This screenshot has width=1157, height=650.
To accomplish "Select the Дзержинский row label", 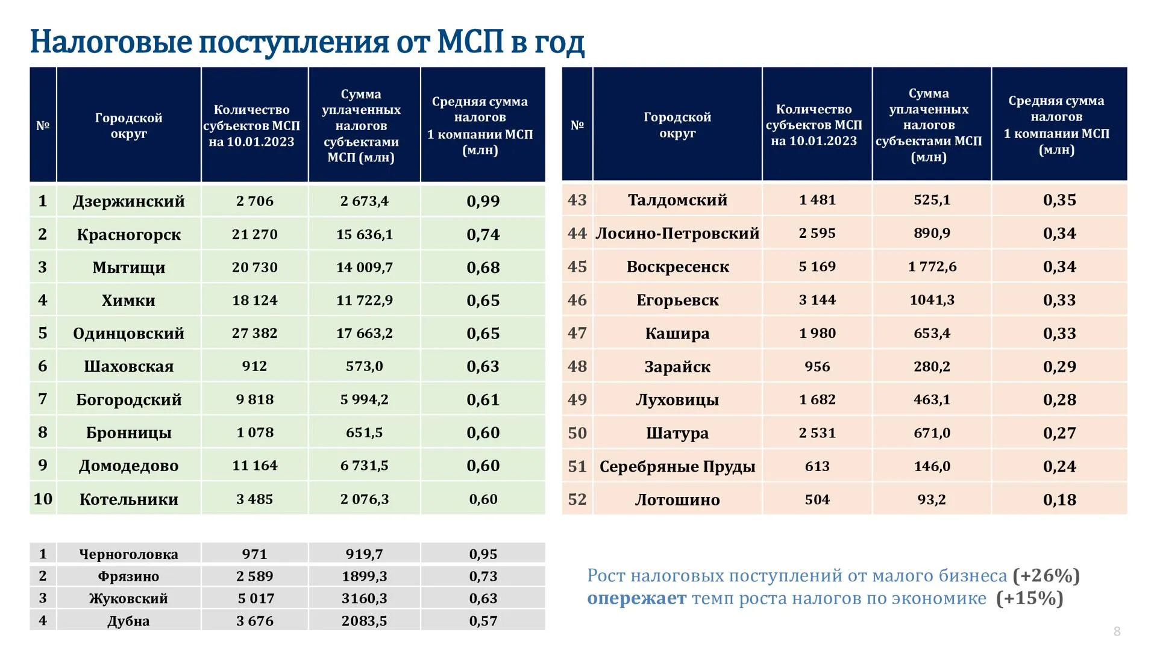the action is (x=128, y=201).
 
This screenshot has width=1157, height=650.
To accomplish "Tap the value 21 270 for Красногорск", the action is (x=254, y=234).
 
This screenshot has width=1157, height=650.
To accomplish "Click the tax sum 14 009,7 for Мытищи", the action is (x=364, y=267).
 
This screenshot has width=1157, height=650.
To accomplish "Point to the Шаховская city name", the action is (x=128, y=366).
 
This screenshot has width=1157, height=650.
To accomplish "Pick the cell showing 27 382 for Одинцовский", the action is (x=254, y=333).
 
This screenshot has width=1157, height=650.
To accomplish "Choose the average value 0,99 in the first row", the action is (x=483, y=201).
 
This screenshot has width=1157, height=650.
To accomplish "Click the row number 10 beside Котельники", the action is (x=43, y=499).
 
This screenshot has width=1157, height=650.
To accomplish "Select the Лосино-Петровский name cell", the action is (x=677, y=233).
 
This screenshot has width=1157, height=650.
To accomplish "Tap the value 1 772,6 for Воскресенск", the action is (x=932, y=266).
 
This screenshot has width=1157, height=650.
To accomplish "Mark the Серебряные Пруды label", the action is (x=677, y=466).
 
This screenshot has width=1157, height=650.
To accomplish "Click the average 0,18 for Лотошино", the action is (x=1059, y=499).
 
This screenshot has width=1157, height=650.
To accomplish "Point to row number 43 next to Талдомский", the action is (x=577, y=199).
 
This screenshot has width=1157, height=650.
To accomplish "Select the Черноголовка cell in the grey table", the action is (x=128, y=554).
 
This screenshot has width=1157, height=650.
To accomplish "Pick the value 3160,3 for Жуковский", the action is (x=364, y=598).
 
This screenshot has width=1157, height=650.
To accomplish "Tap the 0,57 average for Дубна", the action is (x=483, y=620).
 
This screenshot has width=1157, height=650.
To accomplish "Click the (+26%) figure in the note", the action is (x=1046, y=576).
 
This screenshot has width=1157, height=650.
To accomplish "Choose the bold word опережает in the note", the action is (x=636, y=599).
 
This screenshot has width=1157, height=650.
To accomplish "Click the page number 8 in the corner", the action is (x=1117, y=631).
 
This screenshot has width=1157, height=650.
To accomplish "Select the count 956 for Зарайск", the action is (x=817, y=366).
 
